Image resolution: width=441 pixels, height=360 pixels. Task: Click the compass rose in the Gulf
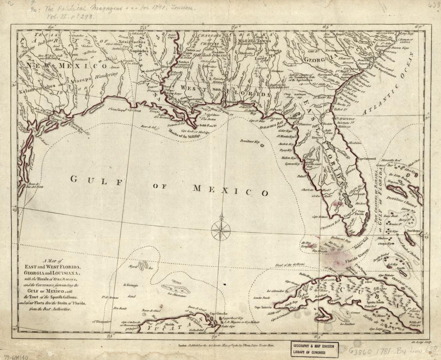pyautogui.click(x=221, y=230)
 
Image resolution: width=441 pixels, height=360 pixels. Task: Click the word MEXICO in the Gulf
pyautogui.click(x=231, y=190)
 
